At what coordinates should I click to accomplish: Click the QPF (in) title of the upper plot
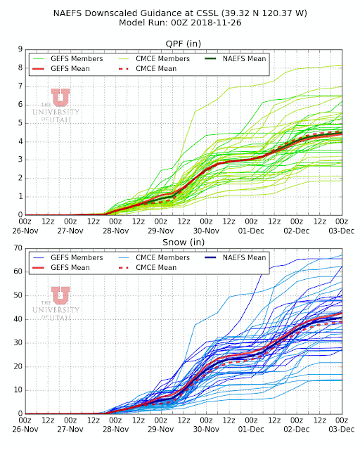point(183,44)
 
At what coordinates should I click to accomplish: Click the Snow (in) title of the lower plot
point(184,242)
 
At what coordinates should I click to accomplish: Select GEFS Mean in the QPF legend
point(70,69)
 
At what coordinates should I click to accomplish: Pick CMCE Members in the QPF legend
point(163,58)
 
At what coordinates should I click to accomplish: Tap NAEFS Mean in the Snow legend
point(244,257)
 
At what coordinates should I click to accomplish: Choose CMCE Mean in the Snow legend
point(156,267)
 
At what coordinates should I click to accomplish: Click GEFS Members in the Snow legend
point(77,257)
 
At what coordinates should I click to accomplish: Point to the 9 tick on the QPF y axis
point(20,49)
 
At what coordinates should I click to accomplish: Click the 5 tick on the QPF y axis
point(20,123)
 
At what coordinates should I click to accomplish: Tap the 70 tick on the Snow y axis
point(18,248)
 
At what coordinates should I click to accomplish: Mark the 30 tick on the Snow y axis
point(18,342)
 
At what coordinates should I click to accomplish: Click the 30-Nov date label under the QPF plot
point(206,231)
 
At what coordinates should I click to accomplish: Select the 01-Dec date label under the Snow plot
point(251,430)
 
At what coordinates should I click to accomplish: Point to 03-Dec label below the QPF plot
point(342,231)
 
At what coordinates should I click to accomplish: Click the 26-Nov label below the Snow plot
point(25,430)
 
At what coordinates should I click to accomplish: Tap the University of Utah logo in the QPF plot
point(56,105)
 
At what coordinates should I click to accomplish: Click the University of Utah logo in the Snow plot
point(56,304)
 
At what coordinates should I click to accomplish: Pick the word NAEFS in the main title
point(67,13)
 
